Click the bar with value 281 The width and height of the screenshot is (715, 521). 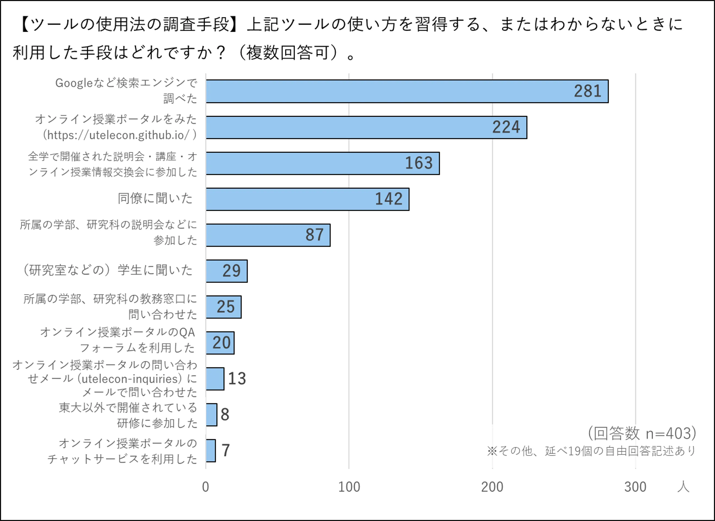pos(407,92)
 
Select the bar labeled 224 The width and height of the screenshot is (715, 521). pos(366,127)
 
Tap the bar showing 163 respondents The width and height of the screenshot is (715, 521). pos(322,163)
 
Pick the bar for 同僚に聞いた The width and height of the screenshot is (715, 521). pos(307,199)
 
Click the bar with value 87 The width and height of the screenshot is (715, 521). pos(268,235)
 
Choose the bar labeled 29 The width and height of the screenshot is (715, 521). pos(226,271)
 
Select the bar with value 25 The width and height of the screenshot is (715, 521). pos(224,307)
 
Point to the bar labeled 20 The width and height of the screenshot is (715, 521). pos(220,343)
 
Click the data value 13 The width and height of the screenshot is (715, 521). pos(237,378)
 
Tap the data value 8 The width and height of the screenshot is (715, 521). pos(225,414)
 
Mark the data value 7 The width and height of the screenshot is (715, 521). pos(226,450)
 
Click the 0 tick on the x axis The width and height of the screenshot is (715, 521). pos(206,487)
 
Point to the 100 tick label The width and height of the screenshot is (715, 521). pos(349,487)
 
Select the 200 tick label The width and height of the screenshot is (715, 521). pos(492,487)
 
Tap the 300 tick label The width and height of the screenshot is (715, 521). pos(635,487)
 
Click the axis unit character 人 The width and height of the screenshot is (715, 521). pos(683,487)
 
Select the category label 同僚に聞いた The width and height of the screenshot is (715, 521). pos(155,198)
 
